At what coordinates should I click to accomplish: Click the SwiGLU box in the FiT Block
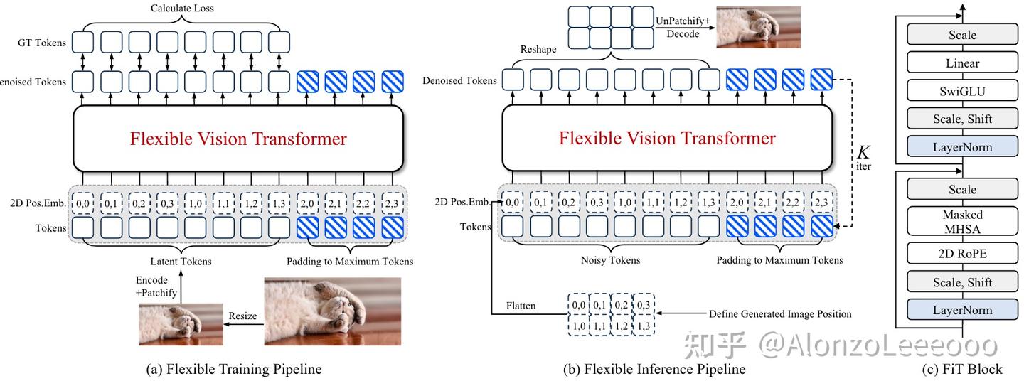[x=962, y=91]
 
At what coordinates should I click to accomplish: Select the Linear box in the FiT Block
[x=962, y=63]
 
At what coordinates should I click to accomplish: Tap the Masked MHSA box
[x=962, y=221]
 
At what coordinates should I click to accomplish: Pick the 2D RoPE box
[x=962, y=254]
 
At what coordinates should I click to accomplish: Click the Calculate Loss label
[x=182, y=9]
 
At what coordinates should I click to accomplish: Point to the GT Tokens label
[x=42, y=43]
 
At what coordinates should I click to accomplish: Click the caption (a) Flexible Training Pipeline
[x=233, y=369]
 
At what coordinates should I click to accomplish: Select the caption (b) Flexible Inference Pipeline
[x=654, y=369]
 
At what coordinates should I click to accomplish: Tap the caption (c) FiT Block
[x=962, y=369]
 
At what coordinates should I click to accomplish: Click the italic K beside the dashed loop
[x=863, y=152]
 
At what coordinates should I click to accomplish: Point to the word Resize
[x=242, y=316]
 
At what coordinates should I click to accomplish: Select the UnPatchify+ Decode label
[x=683, y=26]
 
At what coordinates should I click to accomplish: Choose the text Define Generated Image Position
[x=780, y=313]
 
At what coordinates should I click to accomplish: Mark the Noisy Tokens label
[x=611, y=260]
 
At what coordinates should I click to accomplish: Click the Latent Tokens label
[x=181, y=262]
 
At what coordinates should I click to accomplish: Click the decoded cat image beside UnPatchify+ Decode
[x=758, y=27]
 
